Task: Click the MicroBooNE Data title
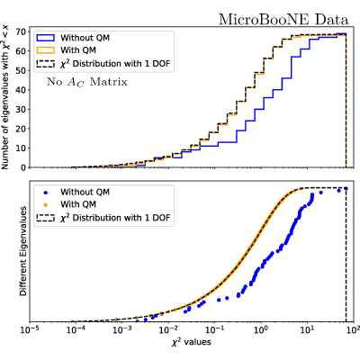pos(283,20)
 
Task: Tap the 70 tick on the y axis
pos(22,31)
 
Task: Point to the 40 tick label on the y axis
pos(22,90)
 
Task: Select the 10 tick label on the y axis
pos(22,148)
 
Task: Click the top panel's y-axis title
pos(5,97)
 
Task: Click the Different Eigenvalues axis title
pos(23,251)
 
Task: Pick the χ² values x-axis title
pos(191,342)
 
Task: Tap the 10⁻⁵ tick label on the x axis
pos(30,329)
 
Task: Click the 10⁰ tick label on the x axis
pos(261,329)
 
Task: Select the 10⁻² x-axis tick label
pos(168,329)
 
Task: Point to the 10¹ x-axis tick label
pos(307,329)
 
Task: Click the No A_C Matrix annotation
pos(87,82)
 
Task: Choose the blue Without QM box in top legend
pos(45,38)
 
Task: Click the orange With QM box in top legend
pos(45,50)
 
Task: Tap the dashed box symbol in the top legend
pos(45,64)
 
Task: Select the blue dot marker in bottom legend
pos(46,193)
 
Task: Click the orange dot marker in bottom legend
pos(46,204)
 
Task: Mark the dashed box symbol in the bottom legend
pos(45,218)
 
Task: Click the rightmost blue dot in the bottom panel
pos(346,188)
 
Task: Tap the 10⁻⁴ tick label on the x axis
pos(76,329)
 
